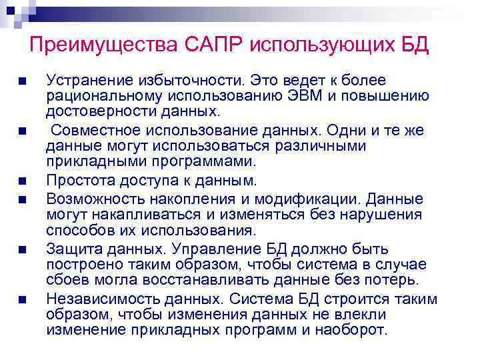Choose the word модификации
313,199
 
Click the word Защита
73,249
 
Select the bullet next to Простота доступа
23,181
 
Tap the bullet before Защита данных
23,249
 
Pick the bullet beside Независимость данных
23,299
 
